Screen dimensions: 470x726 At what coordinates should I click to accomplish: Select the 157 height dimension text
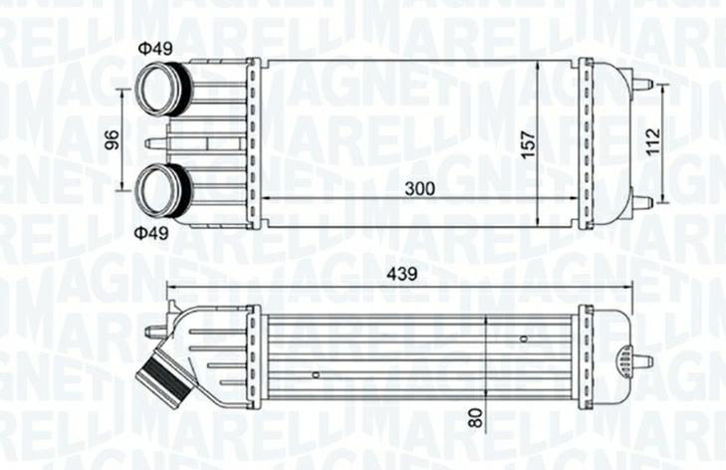coord(528,142)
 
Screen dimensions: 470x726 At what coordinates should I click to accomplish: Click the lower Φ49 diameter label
coord(152,232)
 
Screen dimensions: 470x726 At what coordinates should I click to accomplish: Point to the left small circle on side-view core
coord(315,374)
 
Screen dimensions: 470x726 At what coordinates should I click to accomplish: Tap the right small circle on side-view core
coord(523,340)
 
